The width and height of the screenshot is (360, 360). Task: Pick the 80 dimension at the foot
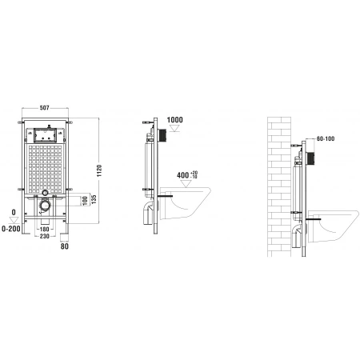[x=66, y=246]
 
